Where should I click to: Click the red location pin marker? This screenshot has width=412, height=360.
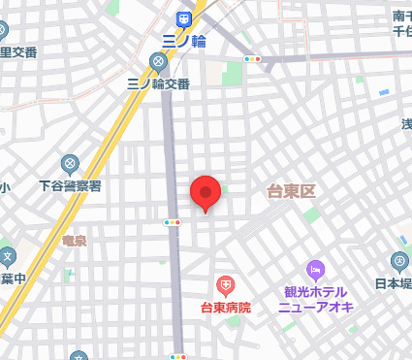(x=206, y=193)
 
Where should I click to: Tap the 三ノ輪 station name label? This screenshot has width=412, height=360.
(x=183, y=41)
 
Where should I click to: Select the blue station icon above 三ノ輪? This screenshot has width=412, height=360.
(x=183, y=18)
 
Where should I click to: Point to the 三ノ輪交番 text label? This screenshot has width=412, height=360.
(x=158, y=84)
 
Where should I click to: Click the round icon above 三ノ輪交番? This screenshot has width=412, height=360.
(x=158, y=63)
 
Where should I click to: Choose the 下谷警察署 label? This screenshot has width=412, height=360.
(x=70, y=184)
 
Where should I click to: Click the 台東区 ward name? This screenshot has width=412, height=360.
(x=292, y=191)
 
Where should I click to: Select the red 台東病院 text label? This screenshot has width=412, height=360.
(x=225, y=308)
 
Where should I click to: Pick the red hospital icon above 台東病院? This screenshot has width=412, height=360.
(x=225, y=285)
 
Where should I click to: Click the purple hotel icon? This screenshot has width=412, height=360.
(x=315, y=269)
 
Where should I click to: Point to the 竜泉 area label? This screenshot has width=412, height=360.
(x=75, y=240)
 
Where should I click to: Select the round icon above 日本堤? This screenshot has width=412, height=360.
(x=399, y=260)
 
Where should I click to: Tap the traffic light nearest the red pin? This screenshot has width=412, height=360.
(x=173, y=222)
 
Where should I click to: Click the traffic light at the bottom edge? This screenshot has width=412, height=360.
(x=177, y=356)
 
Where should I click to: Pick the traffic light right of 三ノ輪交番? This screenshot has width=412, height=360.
(x=253, y=60)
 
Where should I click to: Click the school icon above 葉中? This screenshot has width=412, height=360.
(x=7, y=257)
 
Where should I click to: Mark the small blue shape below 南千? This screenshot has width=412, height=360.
(x=384, y=92)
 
